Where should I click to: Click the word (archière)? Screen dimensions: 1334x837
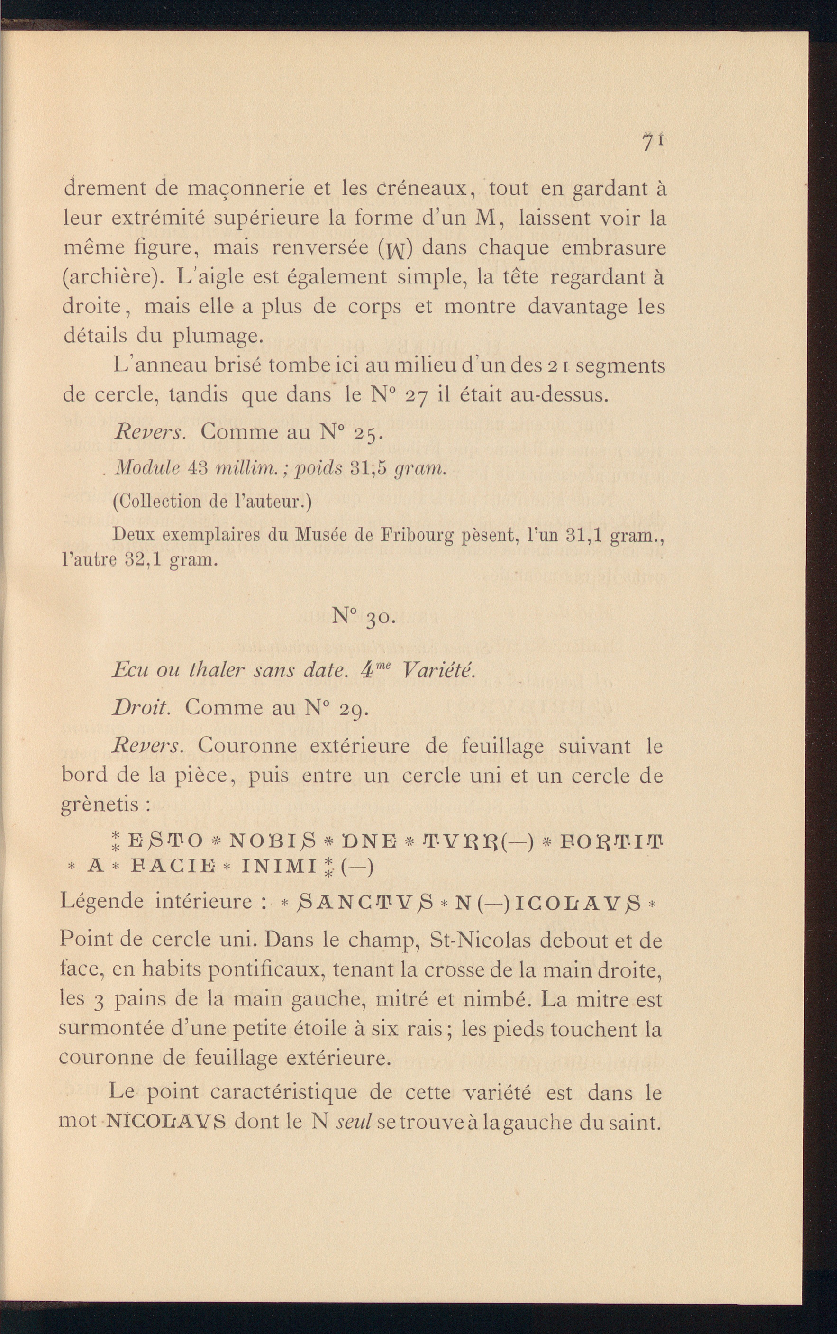click(113, 277)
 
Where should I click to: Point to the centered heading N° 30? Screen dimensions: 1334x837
click(364, 616)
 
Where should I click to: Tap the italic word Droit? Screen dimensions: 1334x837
click(141, 708)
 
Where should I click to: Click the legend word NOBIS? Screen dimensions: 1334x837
click(272, 842)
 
